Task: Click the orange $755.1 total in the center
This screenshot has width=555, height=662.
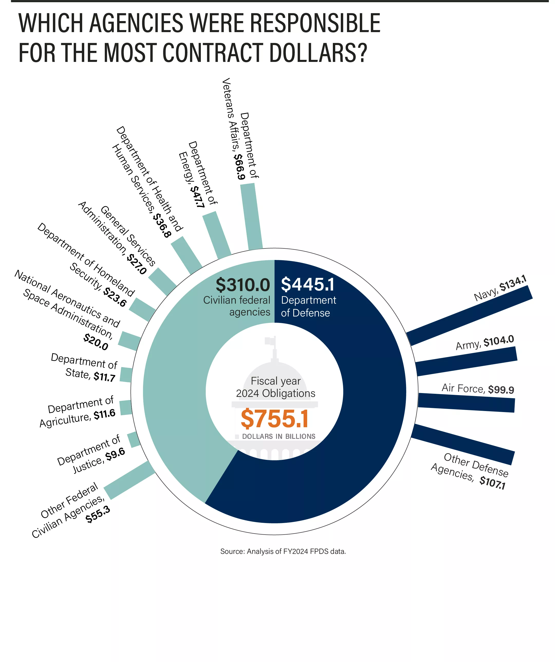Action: tap(274, 419)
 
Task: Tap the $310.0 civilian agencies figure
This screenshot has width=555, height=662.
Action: tap(243, 285)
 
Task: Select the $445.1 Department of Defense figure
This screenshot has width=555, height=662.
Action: tap(307, 284)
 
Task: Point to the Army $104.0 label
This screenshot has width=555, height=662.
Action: tap(484, 343)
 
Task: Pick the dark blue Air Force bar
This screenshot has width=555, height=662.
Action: tap(466, 403)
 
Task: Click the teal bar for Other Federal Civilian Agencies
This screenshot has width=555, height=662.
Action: tap(129, 480)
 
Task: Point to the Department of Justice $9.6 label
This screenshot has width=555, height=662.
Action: tap(91, 454)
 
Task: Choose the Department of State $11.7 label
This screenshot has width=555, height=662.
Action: tap(84, 368)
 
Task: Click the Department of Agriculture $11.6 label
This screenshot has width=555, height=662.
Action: tap(78, 412)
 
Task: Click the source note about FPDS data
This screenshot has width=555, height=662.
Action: tap(283, 551)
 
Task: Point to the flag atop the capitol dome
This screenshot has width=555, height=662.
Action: tap(270, 341)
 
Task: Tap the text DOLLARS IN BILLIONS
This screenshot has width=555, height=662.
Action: tap(279, 436)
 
